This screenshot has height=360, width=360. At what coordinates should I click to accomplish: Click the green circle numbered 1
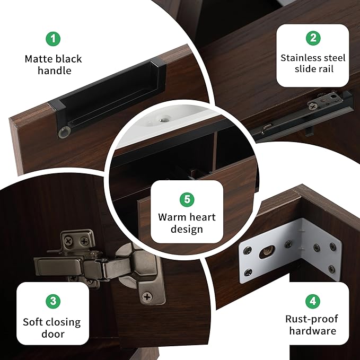coord(53,39)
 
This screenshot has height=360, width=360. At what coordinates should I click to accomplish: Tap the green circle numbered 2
coord(313,38)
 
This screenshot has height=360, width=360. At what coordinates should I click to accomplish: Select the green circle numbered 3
coord(53,301)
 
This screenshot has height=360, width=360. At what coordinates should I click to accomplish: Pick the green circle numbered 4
coord(313,301)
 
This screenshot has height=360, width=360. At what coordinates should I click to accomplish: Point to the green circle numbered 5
coord(187,199)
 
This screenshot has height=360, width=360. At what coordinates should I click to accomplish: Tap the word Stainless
coord(299,58)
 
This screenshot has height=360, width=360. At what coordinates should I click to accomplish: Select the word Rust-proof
coord(312,319)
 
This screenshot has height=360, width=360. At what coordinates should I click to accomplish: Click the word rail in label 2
coord(325,69)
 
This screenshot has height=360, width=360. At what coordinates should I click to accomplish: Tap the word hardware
coord(313,331)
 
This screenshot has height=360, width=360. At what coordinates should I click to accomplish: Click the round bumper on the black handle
coord(64,132)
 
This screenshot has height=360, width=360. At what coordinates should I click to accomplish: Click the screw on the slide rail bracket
coord(313,106)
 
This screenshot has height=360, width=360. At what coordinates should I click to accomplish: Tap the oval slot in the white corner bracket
coord(267,251)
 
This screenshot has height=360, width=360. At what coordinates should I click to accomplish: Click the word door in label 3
coord(53,334)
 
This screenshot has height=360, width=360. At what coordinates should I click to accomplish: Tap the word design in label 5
coord(187,230)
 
